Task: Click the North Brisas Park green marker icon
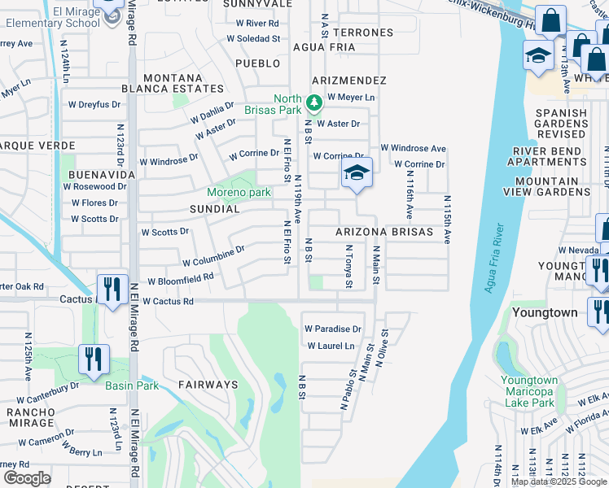tap(315, 104)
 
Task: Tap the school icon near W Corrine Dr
tap(357, 173)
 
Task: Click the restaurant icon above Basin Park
tap(94, 359)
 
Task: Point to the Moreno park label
tap(238, 193)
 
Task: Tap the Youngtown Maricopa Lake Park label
tap(528, 392)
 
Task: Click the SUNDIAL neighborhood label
tap(214, 209)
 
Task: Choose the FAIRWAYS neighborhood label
tap(208, 385)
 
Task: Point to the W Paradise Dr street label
tap(333, 329)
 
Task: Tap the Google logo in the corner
tap(27, 477)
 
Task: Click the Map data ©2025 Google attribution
tap(559, 481)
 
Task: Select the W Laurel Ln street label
tap(331, 346)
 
